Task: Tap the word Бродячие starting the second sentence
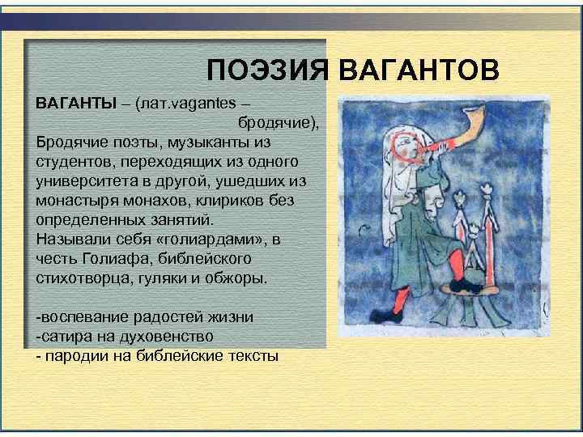tap(71, 142)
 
